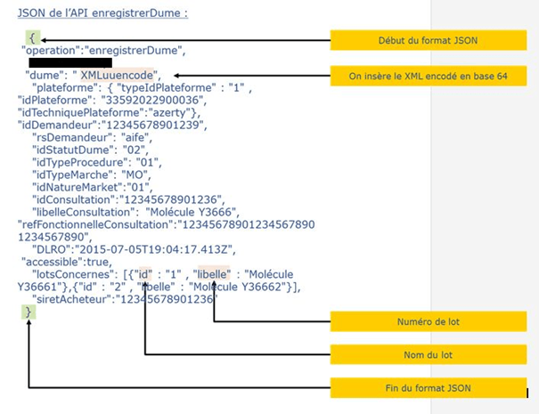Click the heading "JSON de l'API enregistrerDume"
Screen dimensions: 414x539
click(102, 13)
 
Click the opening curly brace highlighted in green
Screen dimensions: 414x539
click(32, 39)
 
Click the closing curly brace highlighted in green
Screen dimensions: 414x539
click(30, 313)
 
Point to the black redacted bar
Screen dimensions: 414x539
click(69, 62)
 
